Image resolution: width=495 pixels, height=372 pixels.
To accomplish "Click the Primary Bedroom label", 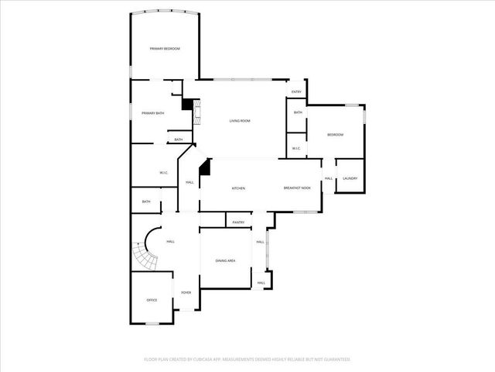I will [x=165, y=49].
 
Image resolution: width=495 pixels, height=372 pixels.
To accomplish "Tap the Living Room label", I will [x=240, y=121].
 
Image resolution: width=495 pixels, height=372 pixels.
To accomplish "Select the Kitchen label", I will [x=239, y=188].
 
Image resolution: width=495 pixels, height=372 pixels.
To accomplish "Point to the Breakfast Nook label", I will [x=297, y=188].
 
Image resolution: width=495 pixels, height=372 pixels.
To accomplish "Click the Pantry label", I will [x=238, y=222].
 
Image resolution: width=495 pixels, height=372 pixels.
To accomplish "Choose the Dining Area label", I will [x=226, y=260].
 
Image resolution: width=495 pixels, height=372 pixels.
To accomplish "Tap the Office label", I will [x=152, y=300].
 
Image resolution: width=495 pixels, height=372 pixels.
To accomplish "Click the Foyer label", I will [x=186, y=292].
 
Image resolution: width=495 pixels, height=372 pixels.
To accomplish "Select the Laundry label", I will [x=350, y=179].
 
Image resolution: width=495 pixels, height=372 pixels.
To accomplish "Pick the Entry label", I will [x=296, y=92].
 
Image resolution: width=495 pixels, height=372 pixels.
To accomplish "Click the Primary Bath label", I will [x=152, y=114].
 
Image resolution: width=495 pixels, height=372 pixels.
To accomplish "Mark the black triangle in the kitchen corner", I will [x=205, y=166].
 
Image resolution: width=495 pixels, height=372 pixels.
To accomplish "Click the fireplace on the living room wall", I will [x=196, y=115].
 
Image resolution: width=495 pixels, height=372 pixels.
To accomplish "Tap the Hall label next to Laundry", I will [x=329, y=179].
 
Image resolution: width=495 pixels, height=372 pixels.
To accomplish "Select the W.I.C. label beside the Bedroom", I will [x=296, y=147].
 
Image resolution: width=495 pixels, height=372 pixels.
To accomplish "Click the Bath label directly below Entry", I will [x=298, y=113].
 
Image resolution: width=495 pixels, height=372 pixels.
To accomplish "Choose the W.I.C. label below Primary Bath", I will [x=164, y=172].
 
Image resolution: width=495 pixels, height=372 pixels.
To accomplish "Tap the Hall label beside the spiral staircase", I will [x=170, y=242].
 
